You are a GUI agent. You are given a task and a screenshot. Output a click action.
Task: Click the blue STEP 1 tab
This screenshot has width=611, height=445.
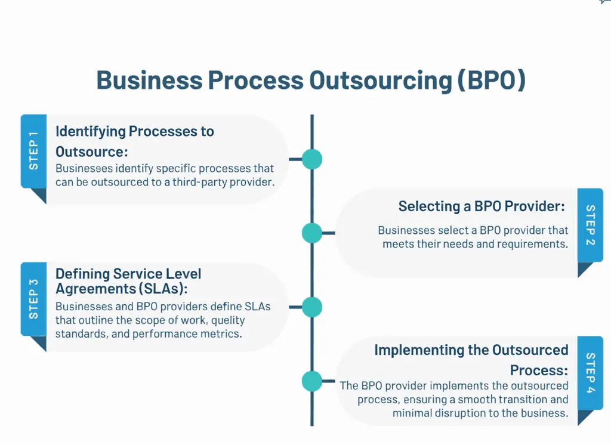pyautogui.click(x=33, y=151)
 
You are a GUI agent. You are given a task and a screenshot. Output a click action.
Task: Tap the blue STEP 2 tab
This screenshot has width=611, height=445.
pyautogui.click(x=590, y=225)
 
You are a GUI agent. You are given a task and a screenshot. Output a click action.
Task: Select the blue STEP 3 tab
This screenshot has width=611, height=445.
pyautogui.click(x=33, y=298)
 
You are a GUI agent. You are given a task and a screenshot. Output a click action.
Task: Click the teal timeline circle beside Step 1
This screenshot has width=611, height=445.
pyautogui.click(x=311, y=159)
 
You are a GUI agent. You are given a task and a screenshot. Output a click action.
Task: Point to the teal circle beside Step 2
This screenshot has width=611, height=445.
pyautogui.click(x=311, y=233)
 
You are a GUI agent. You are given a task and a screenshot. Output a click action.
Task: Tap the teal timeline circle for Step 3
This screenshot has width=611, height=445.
pyautogui.click(x=311, y=307)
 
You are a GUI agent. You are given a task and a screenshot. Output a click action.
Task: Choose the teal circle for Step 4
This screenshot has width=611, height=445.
pyautogui.click(x=311, y=381)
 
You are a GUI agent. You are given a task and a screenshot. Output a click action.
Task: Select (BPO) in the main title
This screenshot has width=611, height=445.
pyautogui.click(x=491, y=81)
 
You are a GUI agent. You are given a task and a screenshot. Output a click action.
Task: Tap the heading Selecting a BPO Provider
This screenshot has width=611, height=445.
pyautogui.click(x=481, y=206)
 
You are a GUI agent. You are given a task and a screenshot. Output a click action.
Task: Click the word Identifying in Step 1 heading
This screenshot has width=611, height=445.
pyautogui.click(x=90, y=131)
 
